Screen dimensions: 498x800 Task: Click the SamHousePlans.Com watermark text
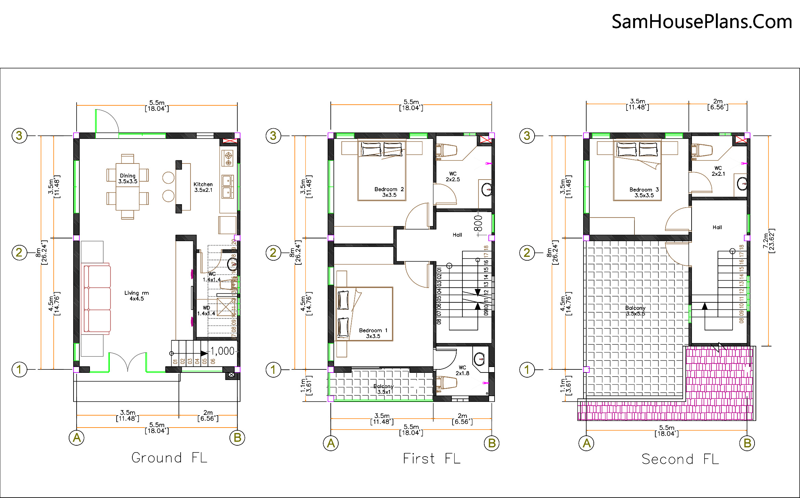click(x=701, y=22)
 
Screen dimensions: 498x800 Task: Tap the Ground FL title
click(x=169, y=458)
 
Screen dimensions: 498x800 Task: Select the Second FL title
click(x=680, y=459)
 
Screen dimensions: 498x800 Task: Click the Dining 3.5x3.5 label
click(x=128, y=179)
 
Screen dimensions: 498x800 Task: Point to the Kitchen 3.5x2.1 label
click(x=203, y=187)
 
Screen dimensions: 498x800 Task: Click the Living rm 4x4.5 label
click(x=136, y=296)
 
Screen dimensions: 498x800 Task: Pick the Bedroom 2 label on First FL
click(x=389, y=192)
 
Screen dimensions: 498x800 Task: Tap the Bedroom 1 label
click(x=373, y=333)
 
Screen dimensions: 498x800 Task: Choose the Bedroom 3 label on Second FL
click(x=644, y=192)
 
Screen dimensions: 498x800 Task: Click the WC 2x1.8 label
click(x=462, y=370)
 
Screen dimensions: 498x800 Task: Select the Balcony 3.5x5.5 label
click(x=635, y=311)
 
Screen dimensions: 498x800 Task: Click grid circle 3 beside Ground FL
click(x=19, y=136)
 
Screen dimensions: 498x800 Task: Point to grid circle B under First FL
click(x=491, y=443)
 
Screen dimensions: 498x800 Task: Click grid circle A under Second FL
click(x=587, y=443)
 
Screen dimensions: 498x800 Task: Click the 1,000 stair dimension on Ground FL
click(x=222, y=351)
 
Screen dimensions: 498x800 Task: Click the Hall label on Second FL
click(x=717, y=227)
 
